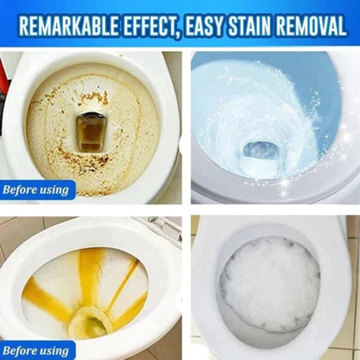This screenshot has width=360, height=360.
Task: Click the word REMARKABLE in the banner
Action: pos(71,23)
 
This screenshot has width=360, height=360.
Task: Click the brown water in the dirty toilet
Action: pos(91,131)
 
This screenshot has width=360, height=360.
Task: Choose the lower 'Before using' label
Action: pos(37,350)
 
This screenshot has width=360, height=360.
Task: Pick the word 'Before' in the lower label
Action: pos(22,350)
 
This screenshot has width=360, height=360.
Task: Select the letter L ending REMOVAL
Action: pos(344,23)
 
